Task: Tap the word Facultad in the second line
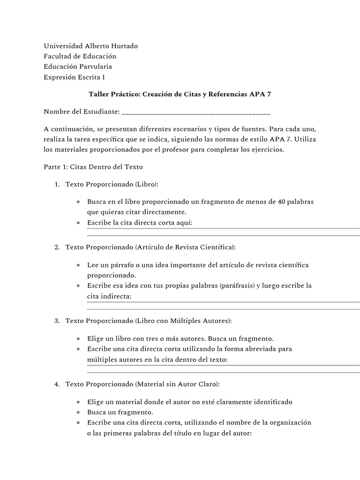pos(58,56)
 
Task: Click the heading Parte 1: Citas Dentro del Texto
pos(93,166)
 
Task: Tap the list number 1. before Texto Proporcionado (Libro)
pos(56,184)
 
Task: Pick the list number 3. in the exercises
pos(56,321)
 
